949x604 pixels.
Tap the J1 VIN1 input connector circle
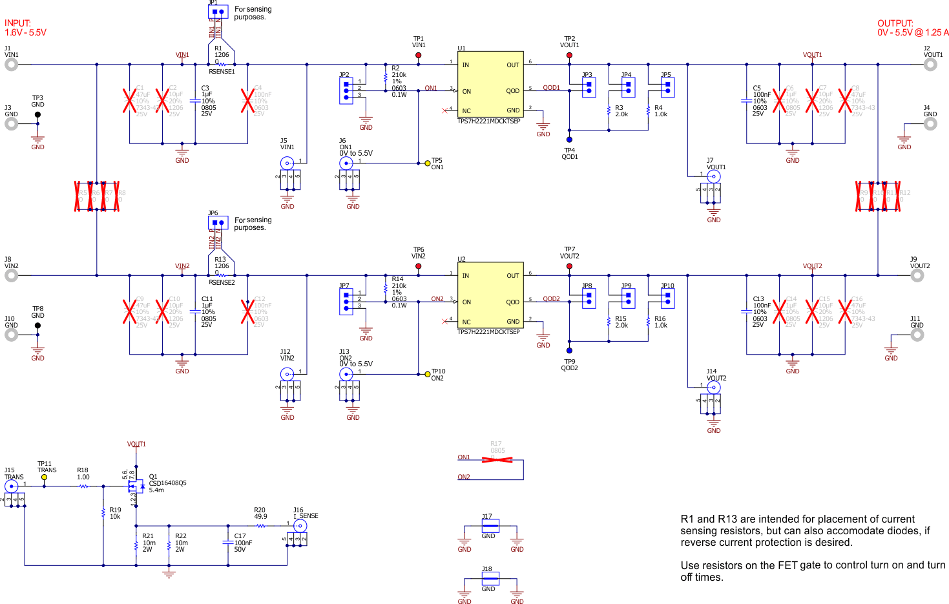[12, 65]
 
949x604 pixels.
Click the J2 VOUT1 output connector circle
[930, 65]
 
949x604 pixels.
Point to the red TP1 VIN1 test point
[419, 56]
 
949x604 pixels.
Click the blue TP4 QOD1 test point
[569, 140]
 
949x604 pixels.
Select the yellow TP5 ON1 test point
[428, 163]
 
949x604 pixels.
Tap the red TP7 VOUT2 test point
[569, 266]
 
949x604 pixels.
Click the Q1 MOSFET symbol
[136, 486]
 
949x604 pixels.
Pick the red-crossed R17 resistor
[497, 459]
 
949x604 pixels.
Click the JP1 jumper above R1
[218, 12]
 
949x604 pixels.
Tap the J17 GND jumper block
[490, 526]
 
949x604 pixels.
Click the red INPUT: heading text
[18, 23]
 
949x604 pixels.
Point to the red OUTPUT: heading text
[895, 23]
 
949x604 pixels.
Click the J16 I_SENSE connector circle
[300, 526]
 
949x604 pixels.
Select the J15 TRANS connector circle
[12, 486]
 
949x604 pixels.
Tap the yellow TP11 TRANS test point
[44, 477]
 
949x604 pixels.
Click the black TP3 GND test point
[37, 115]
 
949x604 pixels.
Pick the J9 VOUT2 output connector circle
[917, 276]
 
